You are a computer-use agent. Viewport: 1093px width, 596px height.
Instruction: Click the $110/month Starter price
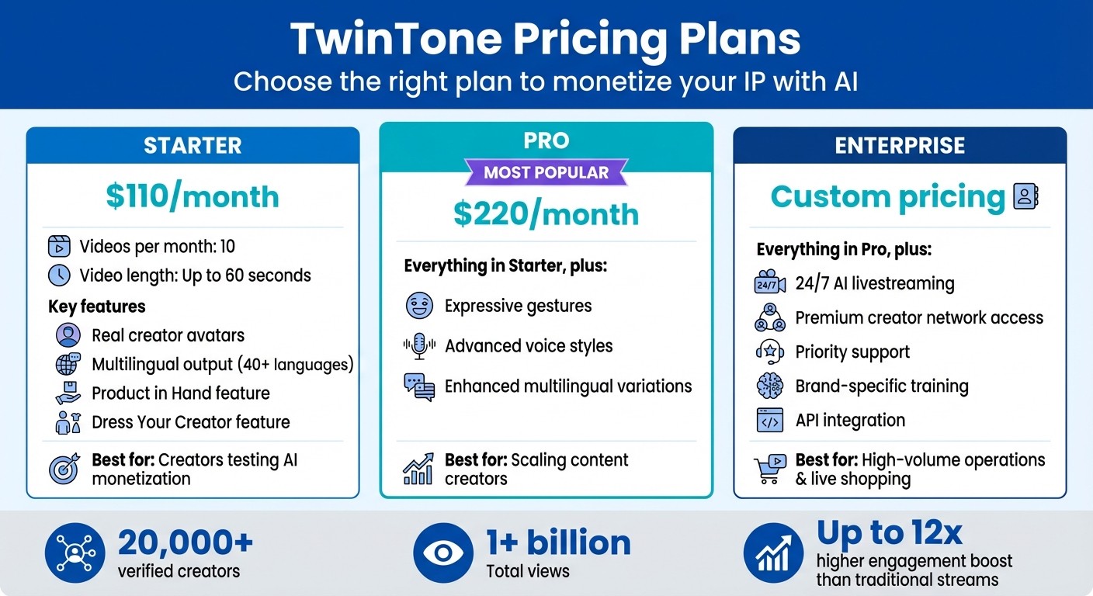[x=192, y=197]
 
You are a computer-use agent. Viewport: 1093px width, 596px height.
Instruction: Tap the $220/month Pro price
[x=546, y=215]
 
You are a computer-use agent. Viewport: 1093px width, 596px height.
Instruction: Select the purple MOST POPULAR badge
[x=546, y=172]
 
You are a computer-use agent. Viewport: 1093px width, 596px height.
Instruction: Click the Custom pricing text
[x=887, y=197]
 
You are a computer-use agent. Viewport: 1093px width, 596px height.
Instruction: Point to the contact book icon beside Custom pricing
[x=1025, y=197]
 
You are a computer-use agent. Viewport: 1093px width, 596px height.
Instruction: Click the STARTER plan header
[x=193, y=146]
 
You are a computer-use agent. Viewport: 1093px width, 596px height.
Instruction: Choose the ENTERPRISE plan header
[x=900, y=146]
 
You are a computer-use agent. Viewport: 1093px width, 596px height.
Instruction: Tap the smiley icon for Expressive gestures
[x=419, y=306]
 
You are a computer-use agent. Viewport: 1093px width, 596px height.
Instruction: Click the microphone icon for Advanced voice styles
[x=419, y=346]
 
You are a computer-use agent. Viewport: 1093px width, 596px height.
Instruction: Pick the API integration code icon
[x=769, y=421]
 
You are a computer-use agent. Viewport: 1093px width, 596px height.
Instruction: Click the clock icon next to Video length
[x=59, y=275]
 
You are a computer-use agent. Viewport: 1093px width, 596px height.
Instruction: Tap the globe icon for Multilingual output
[x=68, y=364]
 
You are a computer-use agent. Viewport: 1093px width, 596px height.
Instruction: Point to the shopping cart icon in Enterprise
[x=768, y=470]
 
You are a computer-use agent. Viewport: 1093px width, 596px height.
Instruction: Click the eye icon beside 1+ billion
[x=443, y=553]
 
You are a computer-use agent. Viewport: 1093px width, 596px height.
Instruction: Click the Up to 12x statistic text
[x=889, y=533]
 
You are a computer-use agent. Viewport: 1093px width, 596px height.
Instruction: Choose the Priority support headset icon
[x=769, y=352]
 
